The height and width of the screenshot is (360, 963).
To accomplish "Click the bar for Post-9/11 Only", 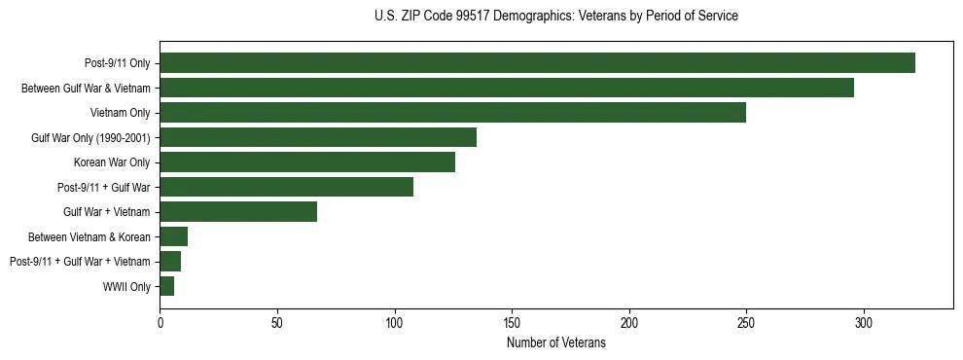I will tap(537, 63).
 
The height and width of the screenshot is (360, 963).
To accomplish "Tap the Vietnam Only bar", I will tap(452, 113).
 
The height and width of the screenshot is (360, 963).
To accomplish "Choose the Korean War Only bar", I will tap(307, 162).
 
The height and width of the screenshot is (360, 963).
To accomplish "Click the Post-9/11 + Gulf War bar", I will tap(286, 187).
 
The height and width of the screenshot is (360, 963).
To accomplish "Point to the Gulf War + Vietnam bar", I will tap(238, 212).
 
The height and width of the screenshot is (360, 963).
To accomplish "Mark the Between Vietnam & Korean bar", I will tap(173, 236).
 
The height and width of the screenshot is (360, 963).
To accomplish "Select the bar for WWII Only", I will tap(166, 286).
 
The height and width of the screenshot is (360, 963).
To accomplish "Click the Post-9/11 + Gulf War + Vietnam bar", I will tap(170, 262).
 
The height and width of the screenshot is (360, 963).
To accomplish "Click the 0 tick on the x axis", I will tap(160, 321).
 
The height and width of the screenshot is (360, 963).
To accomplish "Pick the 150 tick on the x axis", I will tap(512, 321).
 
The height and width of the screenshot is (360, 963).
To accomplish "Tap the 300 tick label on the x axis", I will tap(864, 321).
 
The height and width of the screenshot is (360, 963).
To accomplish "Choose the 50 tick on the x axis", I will tap(277, 321).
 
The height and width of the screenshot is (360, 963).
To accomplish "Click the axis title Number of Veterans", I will tap(555, 342).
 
